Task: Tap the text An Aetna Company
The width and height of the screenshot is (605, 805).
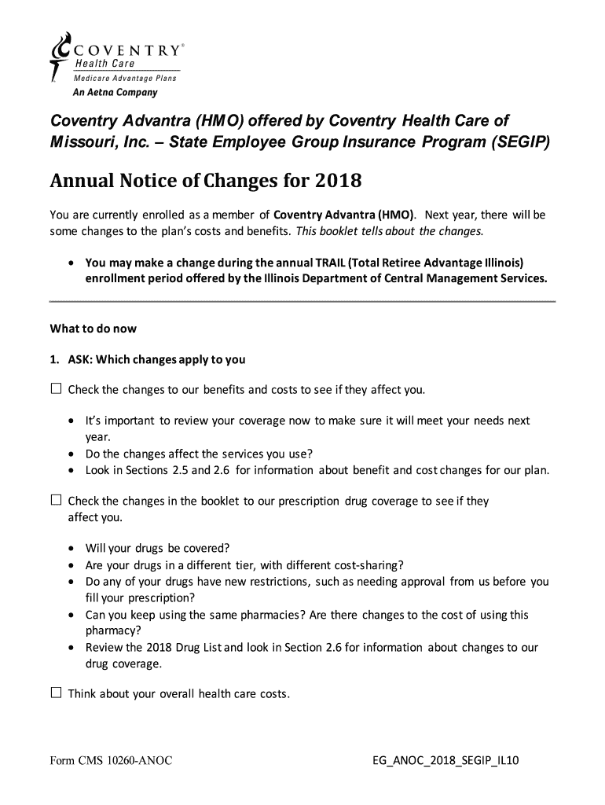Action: point(115,92)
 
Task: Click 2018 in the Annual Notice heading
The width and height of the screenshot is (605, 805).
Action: point(338,182)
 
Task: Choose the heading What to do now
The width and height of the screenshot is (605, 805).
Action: point(93,329)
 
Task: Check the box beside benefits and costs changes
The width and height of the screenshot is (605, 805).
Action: point(56,389)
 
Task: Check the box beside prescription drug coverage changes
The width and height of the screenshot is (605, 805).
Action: point(56,500)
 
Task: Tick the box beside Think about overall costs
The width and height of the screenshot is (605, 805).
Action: point(56,693)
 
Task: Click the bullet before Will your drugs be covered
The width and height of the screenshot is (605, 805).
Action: point(72,548)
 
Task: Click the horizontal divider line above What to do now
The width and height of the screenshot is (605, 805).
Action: point(302,301)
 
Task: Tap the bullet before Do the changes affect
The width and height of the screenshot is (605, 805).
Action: point(72,454)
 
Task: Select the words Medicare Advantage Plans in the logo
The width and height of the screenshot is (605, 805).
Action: point(125,78)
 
